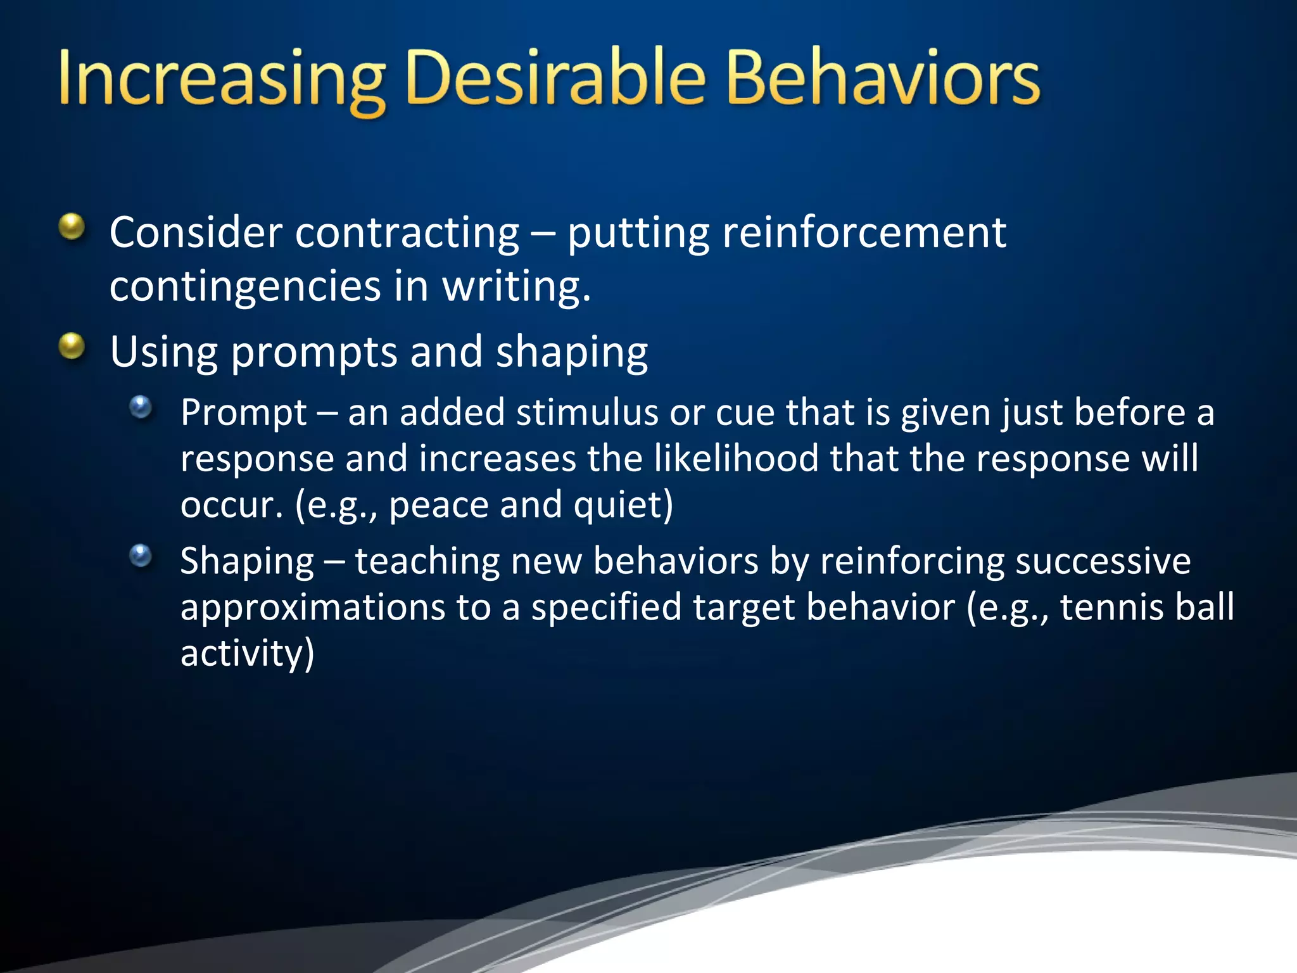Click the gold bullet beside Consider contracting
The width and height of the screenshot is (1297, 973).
coord(72,227)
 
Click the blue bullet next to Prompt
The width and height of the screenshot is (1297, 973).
coord(141,407)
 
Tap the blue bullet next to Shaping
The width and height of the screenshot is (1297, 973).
coord(141,556)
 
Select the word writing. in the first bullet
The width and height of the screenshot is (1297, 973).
coord(516,287)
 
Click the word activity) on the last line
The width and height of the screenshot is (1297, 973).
coord(247,654)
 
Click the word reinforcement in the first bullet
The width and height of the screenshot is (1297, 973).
coord(864,233)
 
